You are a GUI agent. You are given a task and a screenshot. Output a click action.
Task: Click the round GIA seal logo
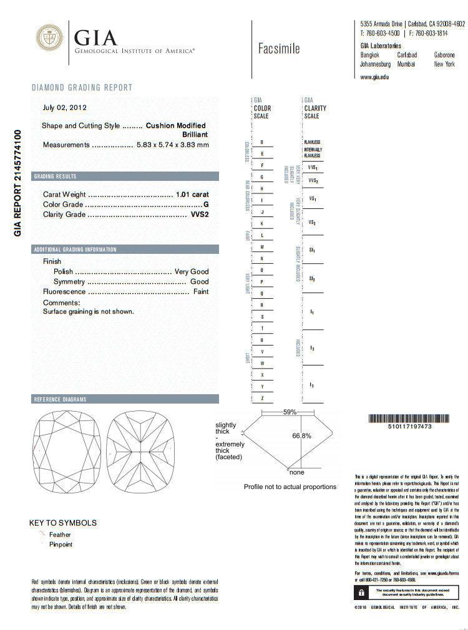pos(50,38)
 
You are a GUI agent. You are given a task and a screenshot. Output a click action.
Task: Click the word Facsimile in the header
pos(278,49)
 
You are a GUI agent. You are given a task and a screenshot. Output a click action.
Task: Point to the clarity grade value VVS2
pos(199,215)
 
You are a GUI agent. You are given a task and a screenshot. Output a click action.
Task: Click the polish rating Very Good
pos(191,272)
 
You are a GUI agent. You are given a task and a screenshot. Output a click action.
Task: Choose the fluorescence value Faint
pos(201,292)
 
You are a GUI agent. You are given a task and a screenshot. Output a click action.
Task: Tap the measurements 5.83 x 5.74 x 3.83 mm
pos(173,145)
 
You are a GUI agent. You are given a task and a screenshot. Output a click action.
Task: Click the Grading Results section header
pos(56,177)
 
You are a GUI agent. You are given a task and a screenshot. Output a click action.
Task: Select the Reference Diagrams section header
pos(60,399)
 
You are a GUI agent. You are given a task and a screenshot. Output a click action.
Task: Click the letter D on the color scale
pos(261,142)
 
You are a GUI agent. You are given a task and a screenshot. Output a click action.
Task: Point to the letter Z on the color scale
pos(262,398)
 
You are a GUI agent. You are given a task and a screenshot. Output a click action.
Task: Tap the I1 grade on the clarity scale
pos(311,310)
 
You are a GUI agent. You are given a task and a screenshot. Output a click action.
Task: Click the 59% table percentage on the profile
pos(290,412)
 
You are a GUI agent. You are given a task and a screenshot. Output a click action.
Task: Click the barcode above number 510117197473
pos(401,419)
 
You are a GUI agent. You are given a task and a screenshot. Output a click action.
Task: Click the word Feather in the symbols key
pos(60,535)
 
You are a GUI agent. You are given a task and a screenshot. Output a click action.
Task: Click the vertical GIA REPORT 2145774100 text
pos(17,182)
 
